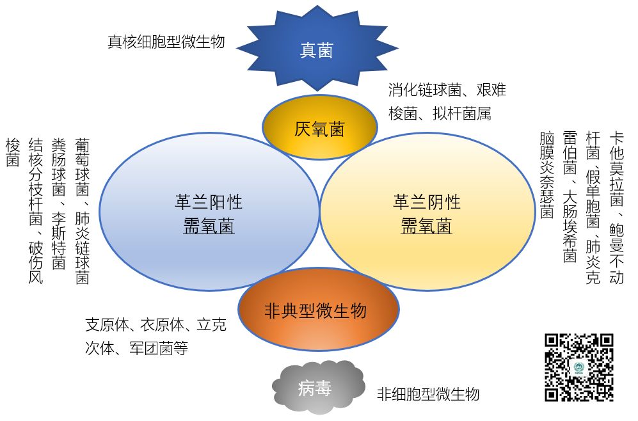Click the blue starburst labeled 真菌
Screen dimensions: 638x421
pyautogui.click(x=317, y=51)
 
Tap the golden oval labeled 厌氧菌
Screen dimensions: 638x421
pyautogui.click(x=319, y=129)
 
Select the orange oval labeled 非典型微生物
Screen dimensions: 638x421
pyautogui.click(x=318, y=311)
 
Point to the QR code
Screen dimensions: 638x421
pyautogui.click(x=578, y=367)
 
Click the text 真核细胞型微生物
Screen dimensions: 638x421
pyautogui.click(x=166, y=42)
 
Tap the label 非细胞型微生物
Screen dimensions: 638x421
pyautogui.click(x=427, y=393)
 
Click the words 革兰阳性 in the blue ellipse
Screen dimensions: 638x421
pyautogui.click(x=209, y=202)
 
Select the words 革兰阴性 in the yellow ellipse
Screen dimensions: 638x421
pyautogui.click(x=427, y=202)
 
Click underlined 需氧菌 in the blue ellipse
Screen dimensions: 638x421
pyautogui.click(x=209, y=226)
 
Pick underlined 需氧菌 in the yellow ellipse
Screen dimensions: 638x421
pyautogui.click(x=427, y=226)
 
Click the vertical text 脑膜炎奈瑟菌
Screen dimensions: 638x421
pyautogui.click(x=546, y=175)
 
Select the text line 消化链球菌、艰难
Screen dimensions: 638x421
pyautogui.click(x=447, y=90)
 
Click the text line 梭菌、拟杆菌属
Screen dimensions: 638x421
pyautogui.click(x=440, y=114)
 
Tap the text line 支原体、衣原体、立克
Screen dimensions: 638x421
pyautogui.click(x=156, y=325)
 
